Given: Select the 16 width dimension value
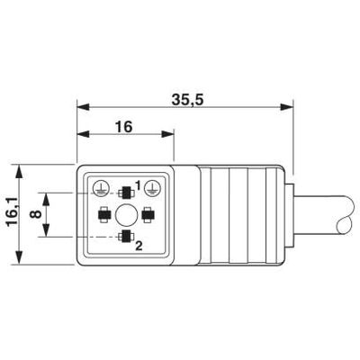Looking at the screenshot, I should point(123,127).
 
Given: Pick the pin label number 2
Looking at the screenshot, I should point(138,244).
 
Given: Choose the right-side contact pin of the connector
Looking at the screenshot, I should point(148,214).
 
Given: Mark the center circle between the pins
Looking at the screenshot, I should point(124,214).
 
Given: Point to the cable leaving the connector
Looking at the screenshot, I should point(324,216).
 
